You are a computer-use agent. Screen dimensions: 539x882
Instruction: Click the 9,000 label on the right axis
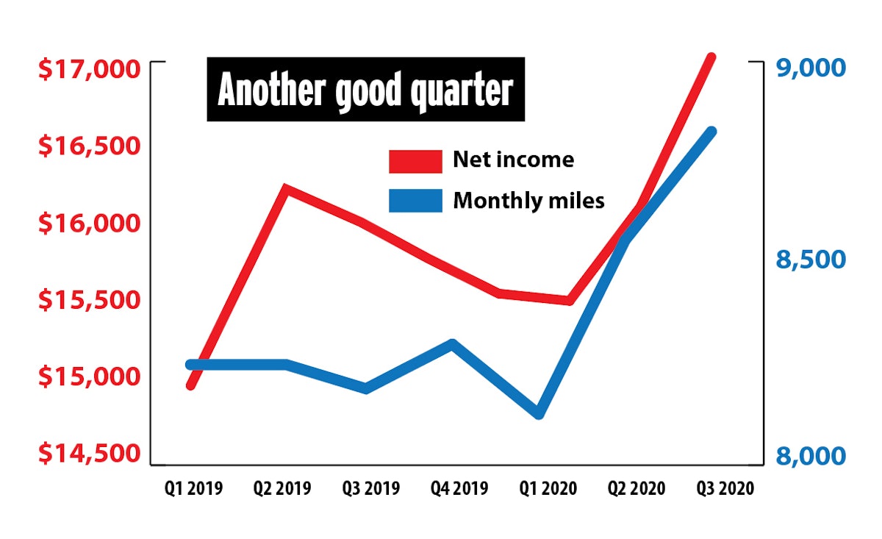pos(810,68)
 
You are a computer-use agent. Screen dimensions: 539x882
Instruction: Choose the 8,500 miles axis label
pos(810,260)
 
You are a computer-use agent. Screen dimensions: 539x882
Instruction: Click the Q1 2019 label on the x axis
pos(194,488)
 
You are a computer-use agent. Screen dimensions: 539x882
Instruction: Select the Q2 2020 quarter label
pos(636,488)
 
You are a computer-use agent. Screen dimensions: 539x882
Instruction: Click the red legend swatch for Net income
pos(416,161)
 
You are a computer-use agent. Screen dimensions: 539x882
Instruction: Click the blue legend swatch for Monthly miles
pos(416,201)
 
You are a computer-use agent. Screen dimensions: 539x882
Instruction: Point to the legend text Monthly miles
pos(528,200)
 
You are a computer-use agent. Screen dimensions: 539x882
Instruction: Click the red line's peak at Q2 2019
pos(285,189)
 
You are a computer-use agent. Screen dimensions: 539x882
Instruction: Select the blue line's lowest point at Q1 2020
pos(539,413)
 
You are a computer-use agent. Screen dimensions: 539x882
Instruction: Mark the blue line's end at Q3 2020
pos(711,132)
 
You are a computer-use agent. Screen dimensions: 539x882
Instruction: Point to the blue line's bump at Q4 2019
pos(452,343)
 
